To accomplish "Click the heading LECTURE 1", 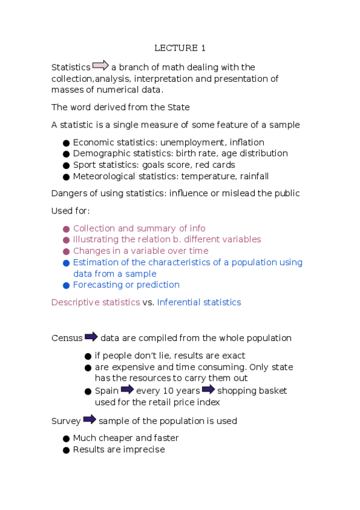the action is click(180, 48).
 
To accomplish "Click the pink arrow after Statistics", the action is click(100, 66).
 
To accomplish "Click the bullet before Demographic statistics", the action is click(66, 154).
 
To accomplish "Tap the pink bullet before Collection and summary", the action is click(66, 229).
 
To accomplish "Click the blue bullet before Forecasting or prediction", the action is click(66, 285).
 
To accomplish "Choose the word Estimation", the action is click(95, 262).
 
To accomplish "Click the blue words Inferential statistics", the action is click(199, 303).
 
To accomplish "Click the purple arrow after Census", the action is click(91, 337).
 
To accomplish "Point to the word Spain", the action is click(107, 391).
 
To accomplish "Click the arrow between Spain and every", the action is click(127, 390).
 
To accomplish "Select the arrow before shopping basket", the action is click(208, 390).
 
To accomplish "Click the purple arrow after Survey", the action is click(90, 419).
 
